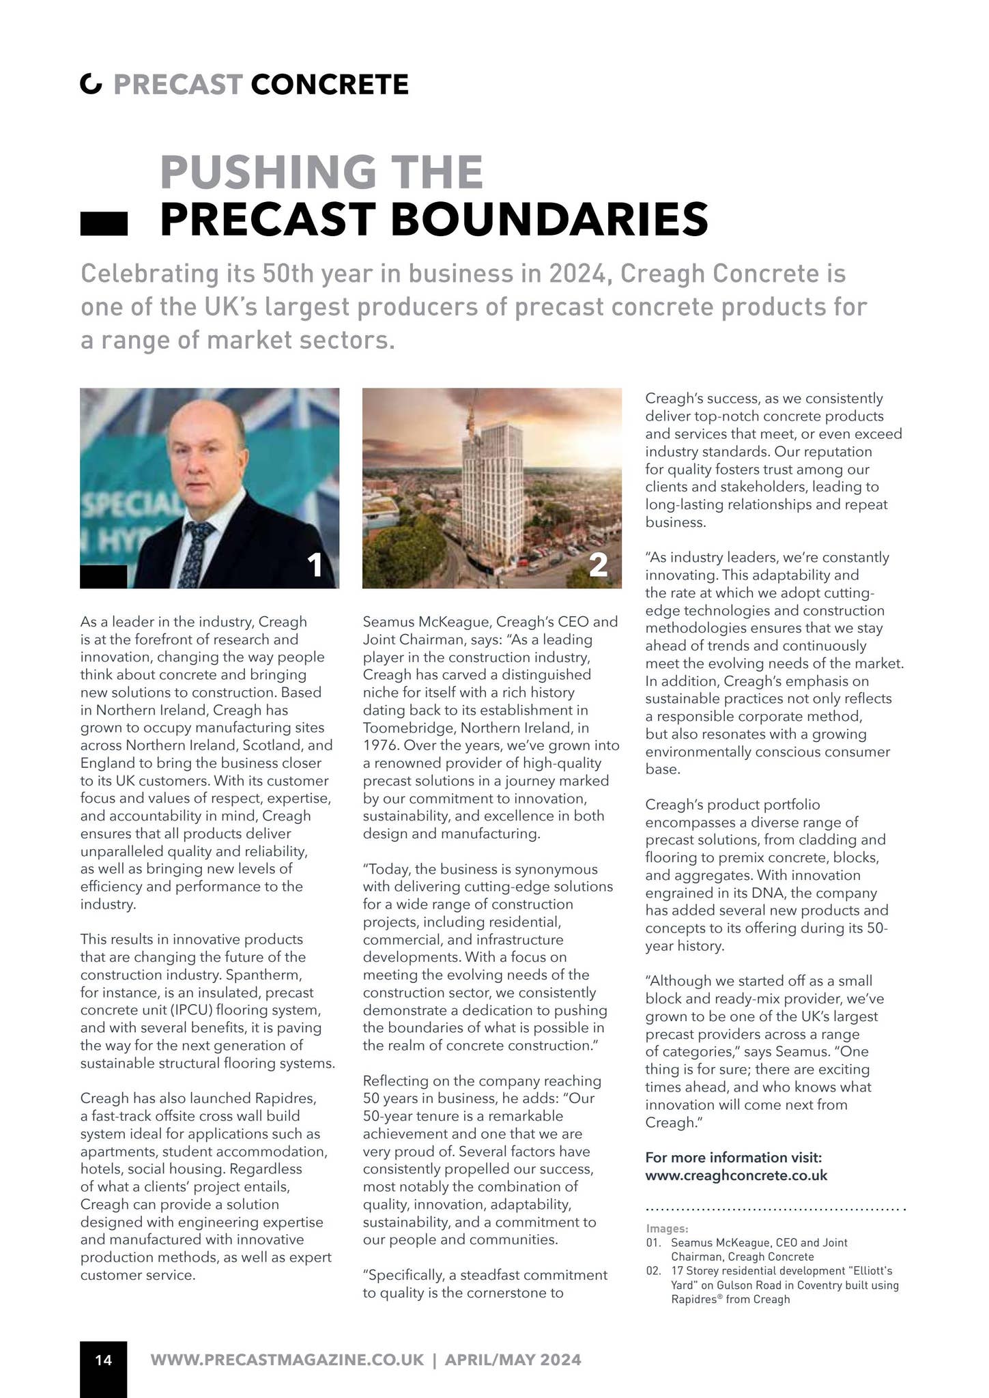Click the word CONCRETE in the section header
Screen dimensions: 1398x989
329,85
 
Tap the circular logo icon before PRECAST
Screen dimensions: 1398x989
91,85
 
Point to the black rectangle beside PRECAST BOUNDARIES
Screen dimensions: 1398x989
104,224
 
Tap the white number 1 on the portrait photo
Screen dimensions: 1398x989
315,565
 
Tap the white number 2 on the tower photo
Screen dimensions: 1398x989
598,565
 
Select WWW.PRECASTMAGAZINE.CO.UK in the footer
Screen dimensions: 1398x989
287,1360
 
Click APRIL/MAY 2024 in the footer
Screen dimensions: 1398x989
513,1360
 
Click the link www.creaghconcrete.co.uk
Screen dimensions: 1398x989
736,1175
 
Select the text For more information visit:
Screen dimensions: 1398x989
734,1158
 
